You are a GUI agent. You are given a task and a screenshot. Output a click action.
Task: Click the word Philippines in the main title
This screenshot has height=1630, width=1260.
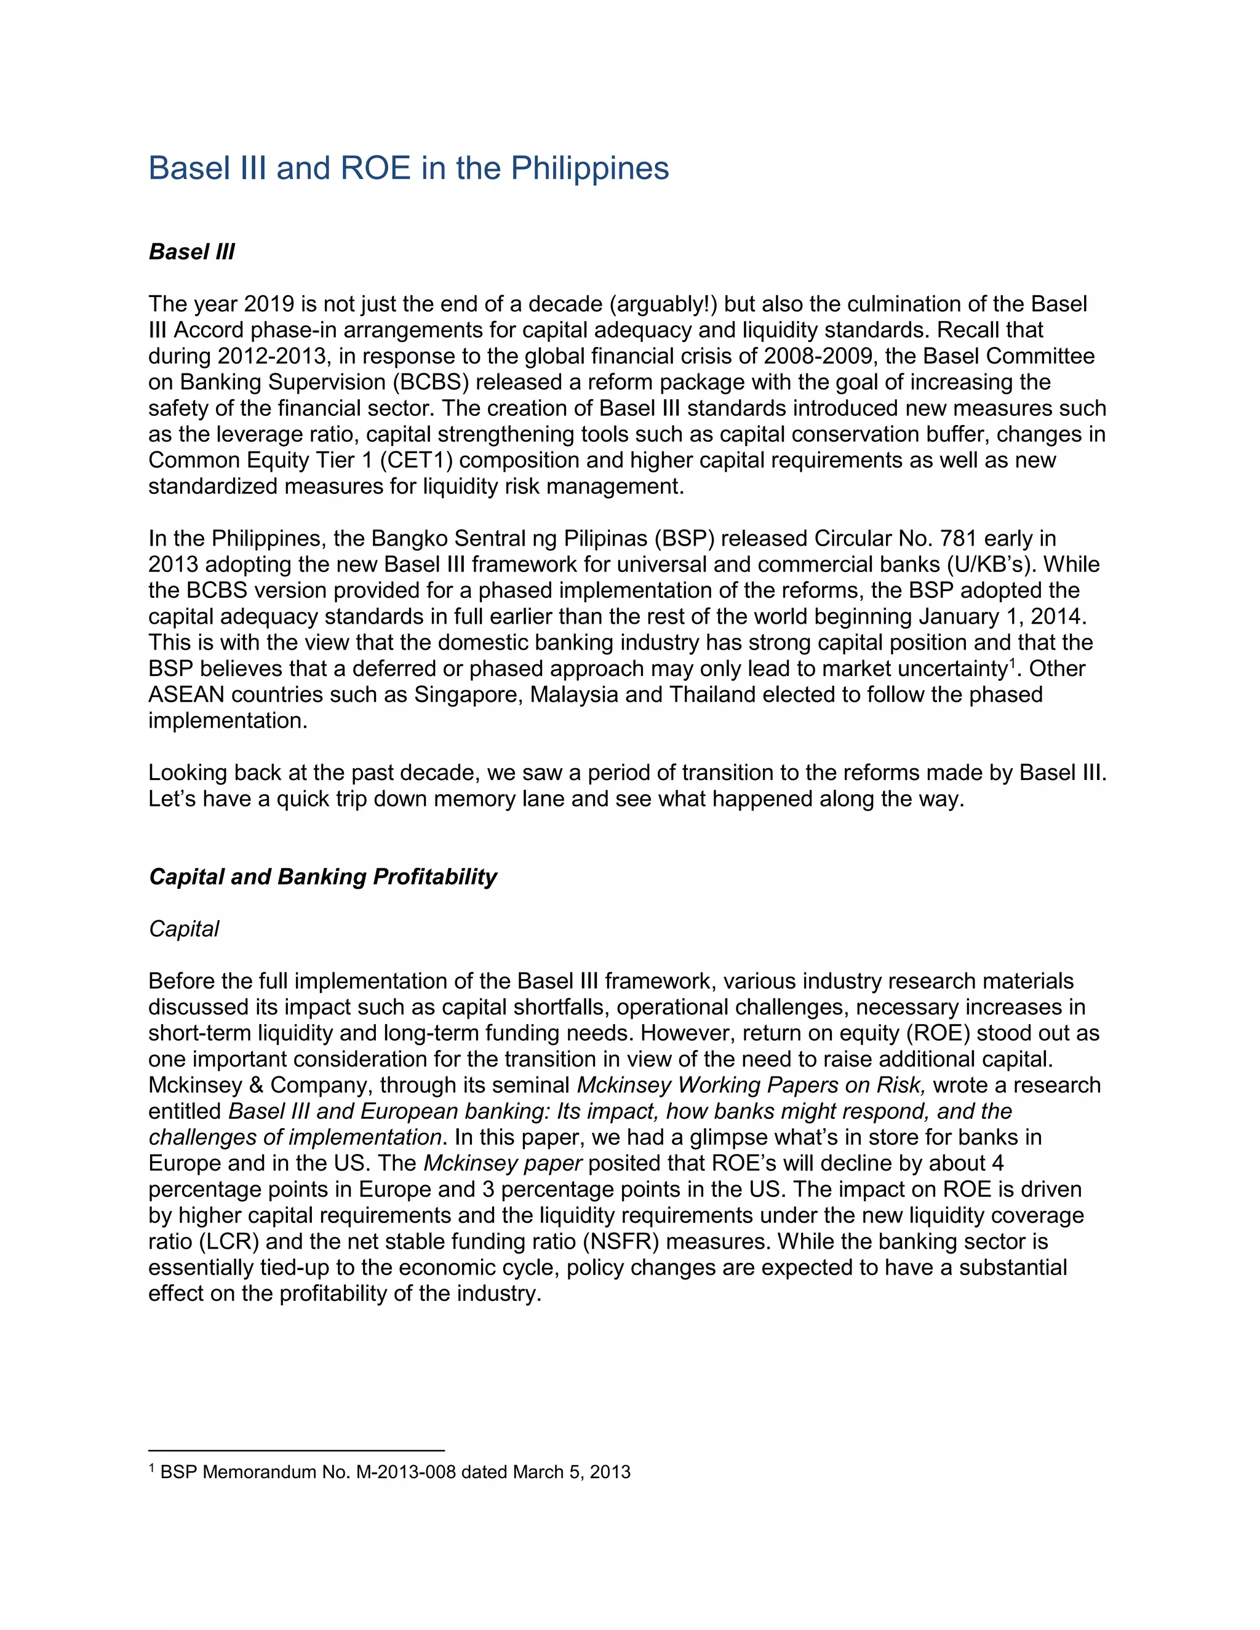589,169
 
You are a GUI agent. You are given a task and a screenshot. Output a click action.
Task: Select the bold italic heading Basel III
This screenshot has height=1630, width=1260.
192,252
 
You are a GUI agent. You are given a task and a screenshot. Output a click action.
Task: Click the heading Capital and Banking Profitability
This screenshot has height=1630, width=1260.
322,877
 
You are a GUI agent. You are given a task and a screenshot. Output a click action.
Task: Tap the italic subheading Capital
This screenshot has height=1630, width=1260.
183,929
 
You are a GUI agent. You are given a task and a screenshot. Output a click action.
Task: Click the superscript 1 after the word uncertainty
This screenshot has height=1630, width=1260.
1011,662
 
